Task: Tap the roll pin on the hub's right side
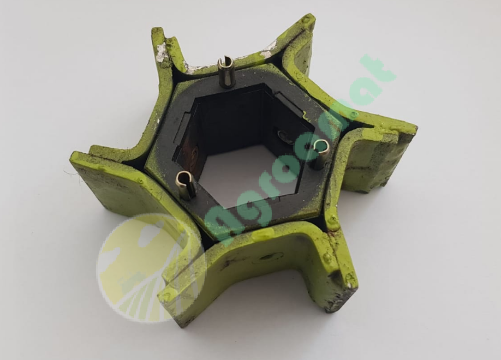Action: click(x=320, y=154)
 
